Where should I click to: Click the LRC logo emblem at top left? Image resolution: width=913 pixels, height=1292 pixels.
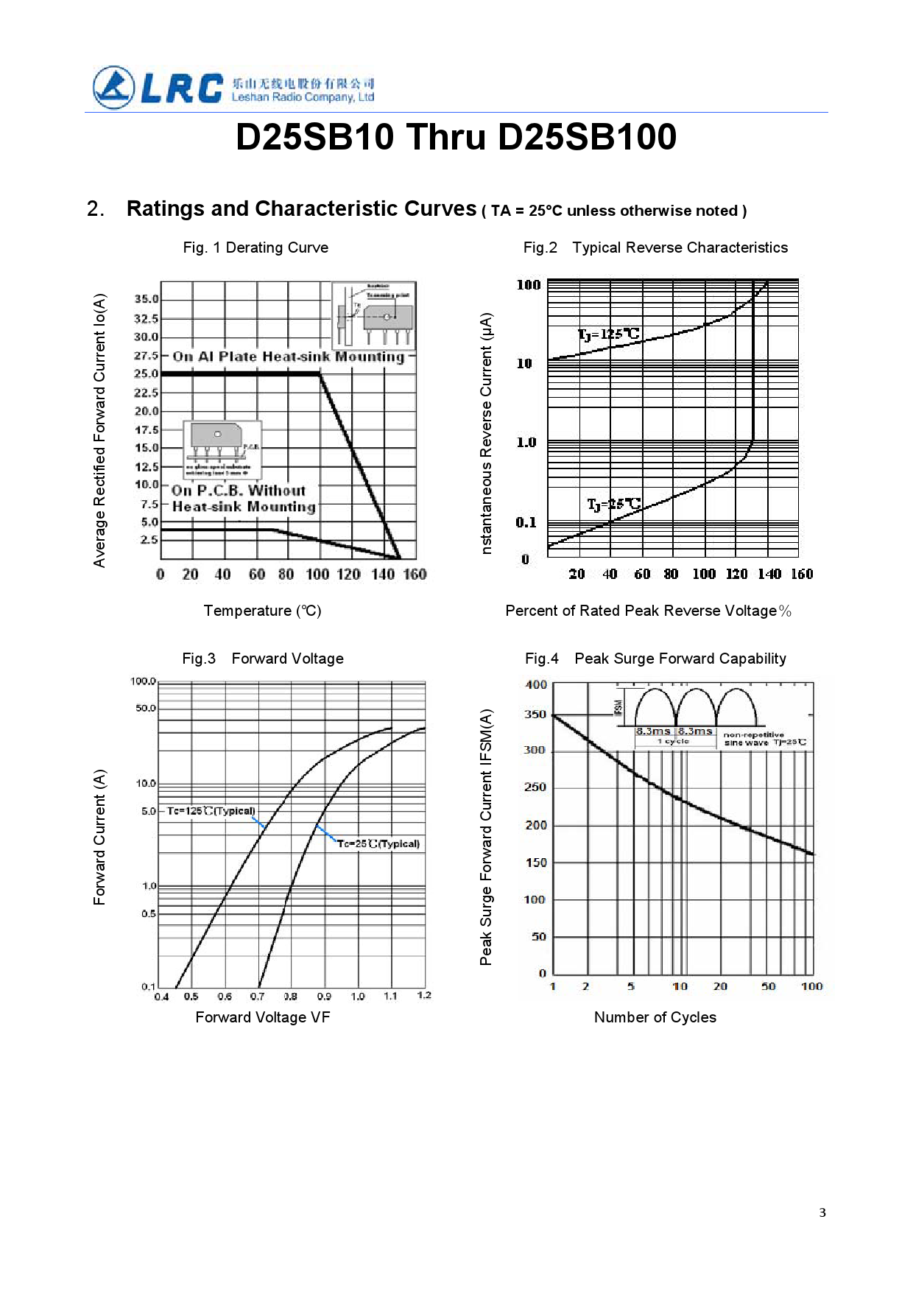[x=114, y=88]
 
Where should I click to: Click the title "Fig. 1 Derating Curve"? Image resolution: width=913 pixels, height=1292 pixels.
[x=255, y=247]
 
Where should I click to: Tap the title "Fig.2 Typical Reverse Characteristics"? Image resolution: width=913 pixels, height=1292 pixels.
[x=655, y=247]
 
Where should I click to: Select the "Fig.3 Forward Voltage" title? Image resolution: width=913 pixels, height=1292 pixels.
[x=263, y=659]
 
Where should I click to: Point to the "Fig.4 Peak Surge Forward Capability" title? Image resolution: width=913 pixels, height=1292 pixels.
[x=655, y=659]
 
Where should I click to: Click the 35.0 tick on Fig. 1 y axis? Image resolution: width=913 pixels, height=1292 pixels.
[x=146, y=299]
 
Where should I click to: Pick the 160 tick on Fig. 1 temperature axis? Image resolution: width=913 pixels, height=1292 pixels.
[x=415, y=575]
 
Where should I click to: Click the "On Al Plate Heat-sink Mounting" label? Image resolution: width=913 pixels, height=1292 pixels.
[x=289, y=357]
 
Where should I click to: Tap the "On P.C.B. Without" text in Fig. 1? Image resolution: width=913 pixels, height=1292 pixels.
[x=239, y=491]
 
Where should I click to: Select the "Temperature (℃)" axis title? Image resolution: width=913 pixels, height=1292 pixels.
[x=262, y=611]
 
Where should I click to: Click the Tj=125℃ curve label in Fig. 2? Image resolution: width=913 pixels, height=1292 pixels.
[x=608, y=334]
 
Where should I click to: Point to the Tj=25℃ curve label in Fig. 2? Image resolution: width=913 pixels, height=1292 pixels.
[x=613, y=505]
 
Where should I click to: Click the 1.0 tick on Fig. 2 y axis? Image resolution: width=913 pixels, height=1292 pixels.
[x=526, y=443]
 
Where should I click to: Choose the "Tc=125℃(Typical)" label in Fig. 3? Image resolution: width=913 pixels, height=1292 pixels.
[x=211, y=811]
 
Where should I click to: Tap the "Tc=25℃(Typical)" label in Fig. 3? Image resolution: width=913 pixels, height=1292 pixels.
[x=378, y=844]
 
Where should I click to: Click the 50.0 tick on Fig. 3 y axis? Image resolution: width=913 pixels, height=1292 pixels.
[x=145, y=708]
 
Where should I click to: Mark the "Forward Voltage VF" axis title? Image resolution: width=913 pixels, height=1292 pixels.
[x=262, y=1017]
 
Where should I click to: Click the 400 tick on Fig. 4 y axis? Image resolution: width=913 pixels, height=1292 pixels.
[x=536, y=685]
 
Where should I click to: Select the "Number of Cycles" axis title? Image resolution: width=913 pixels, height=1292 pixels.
[x=655, y=1017]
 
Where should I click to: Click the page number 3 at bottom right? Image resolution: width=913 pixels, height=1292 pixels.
[x=822, y=1212]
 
